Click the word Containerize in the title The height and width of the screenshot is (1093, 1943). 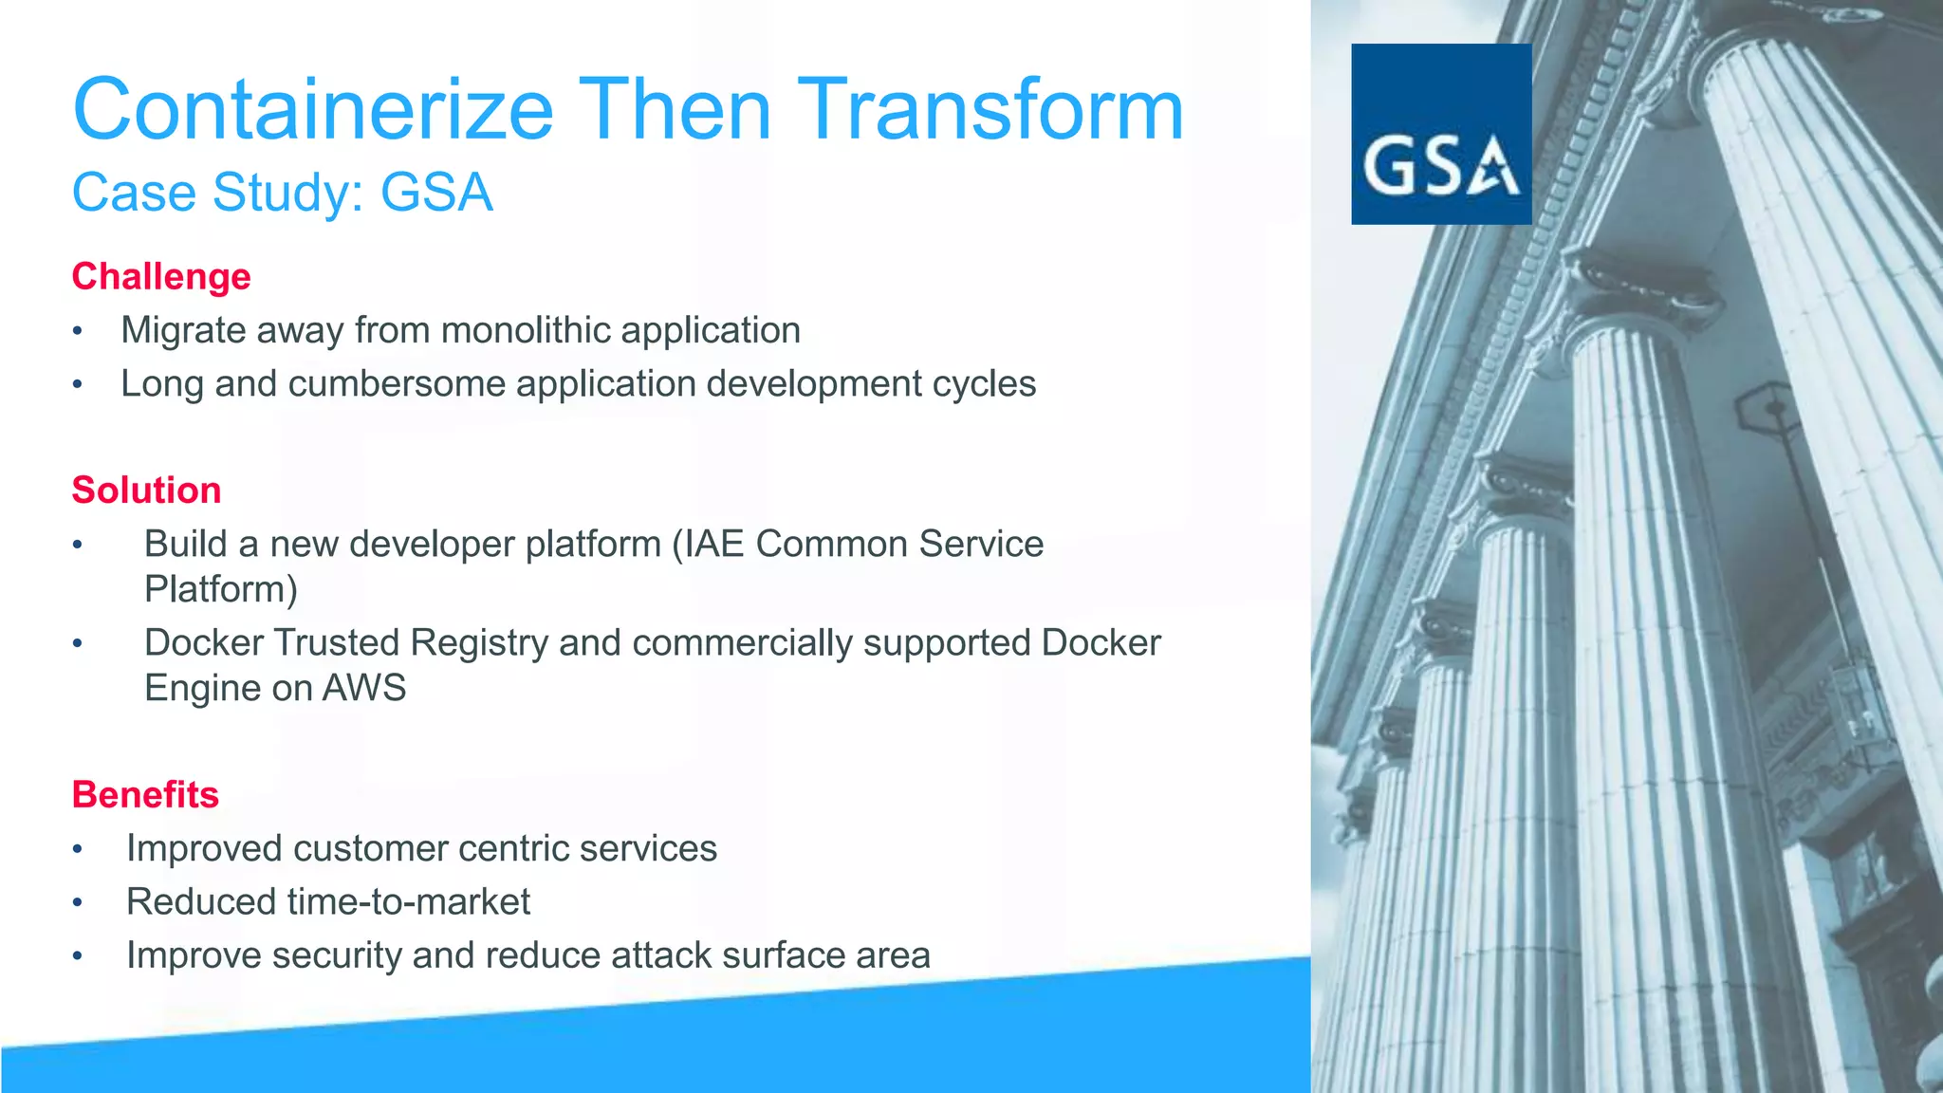[313, 110]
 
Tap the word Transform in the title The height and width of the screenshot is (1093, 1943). [990, 110]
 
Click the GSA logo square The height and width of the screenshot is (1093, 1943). [1440, 134]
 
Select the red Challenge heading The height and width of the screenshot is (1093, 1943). [161, 276]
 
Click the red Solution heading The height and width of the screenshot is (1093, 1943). [146, 490]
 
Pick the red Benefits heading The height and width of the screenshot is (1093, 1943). [145, 794]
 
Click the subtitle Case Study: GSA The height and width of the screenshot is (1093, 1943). [282, 193]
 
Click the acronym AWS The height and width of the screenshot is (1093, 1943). [364, 687]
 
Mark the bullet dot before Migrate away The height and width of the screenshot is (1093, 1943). [78, 332]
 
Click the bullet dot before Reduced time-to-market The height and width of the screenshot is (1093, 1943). [78, 903]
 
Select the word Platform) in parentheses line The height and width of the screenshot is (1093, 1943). [221, 589]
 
